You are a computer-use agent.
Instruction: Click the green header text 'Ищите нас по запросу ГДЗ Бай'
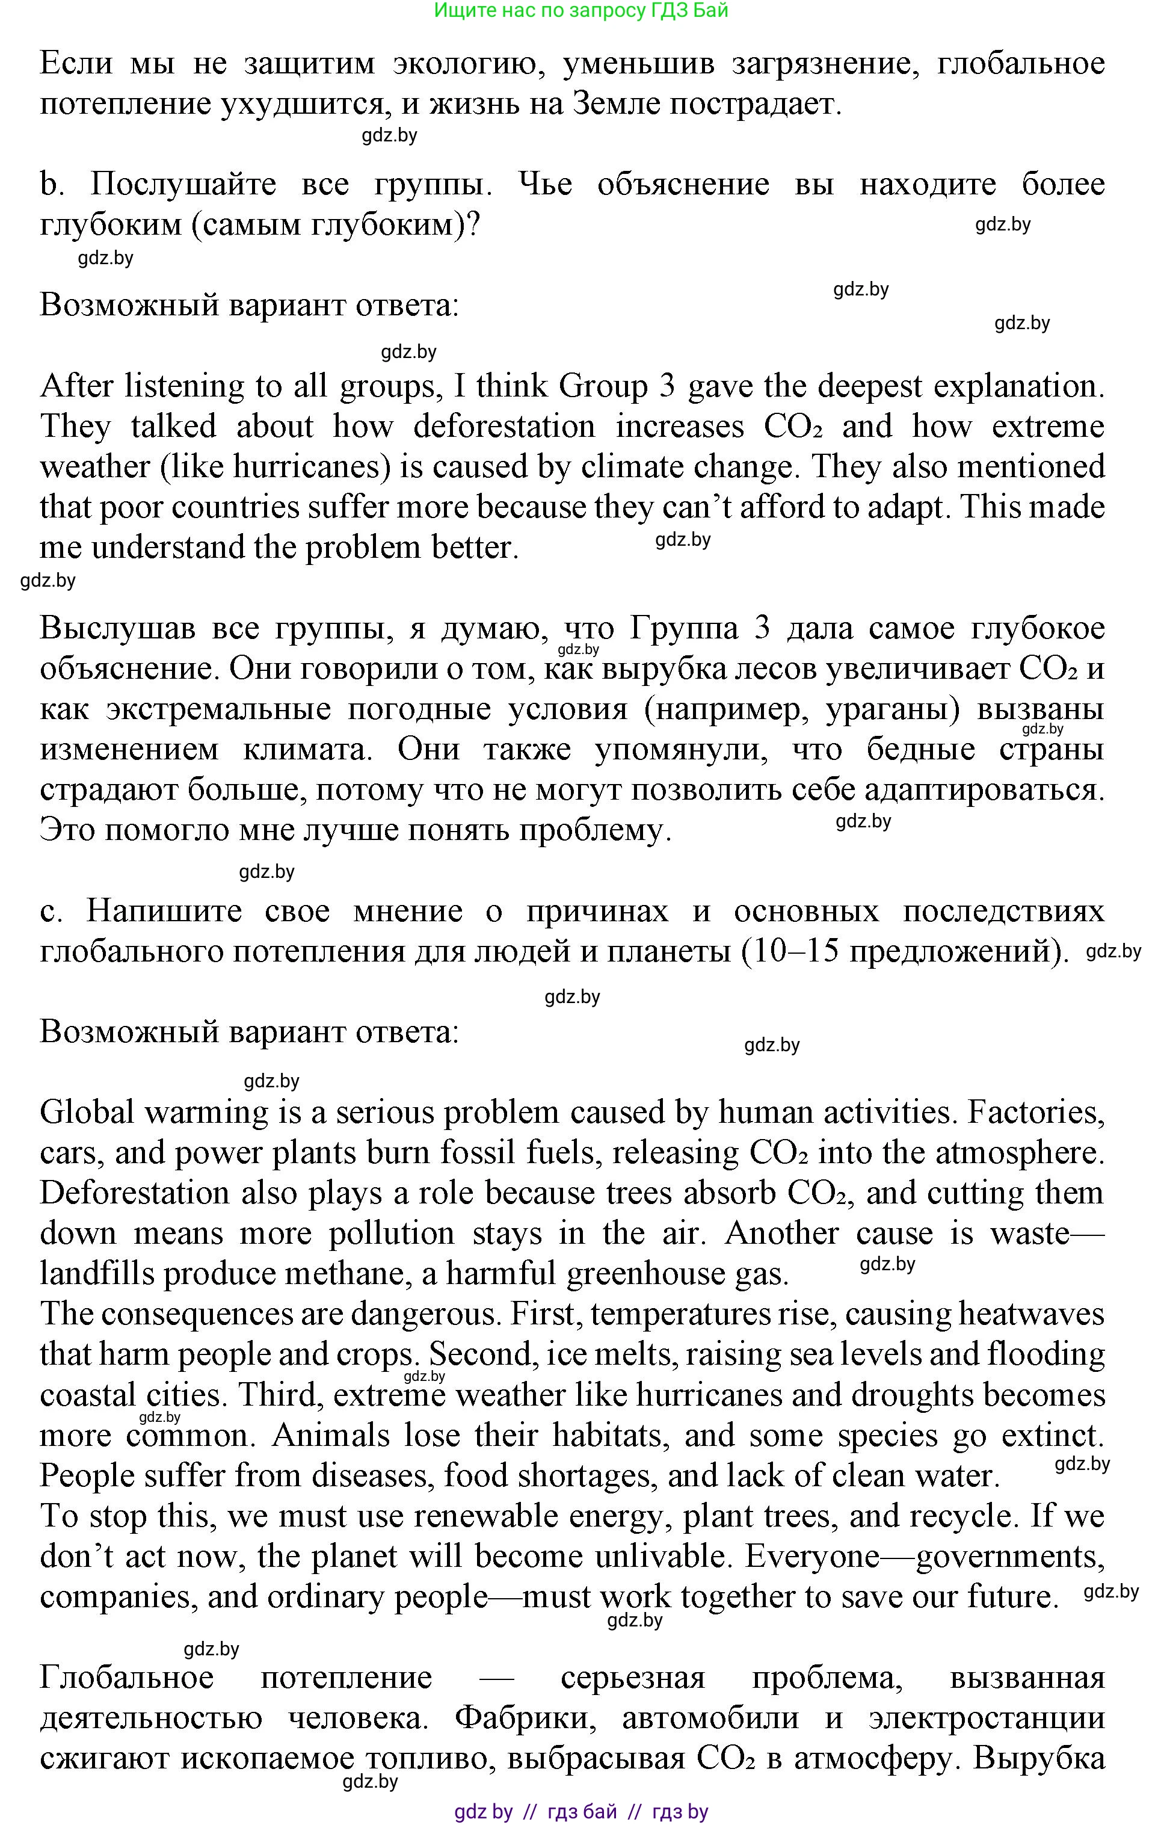580,11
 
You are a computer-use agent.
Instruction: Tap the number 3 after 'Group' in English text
667,386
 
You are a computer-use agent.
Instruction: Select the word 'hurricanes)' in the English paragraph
312,467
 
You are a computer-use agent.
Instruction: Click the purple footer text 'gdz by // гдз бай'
535,1812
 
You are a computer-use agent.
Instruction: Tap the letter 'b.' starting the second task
51,185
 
